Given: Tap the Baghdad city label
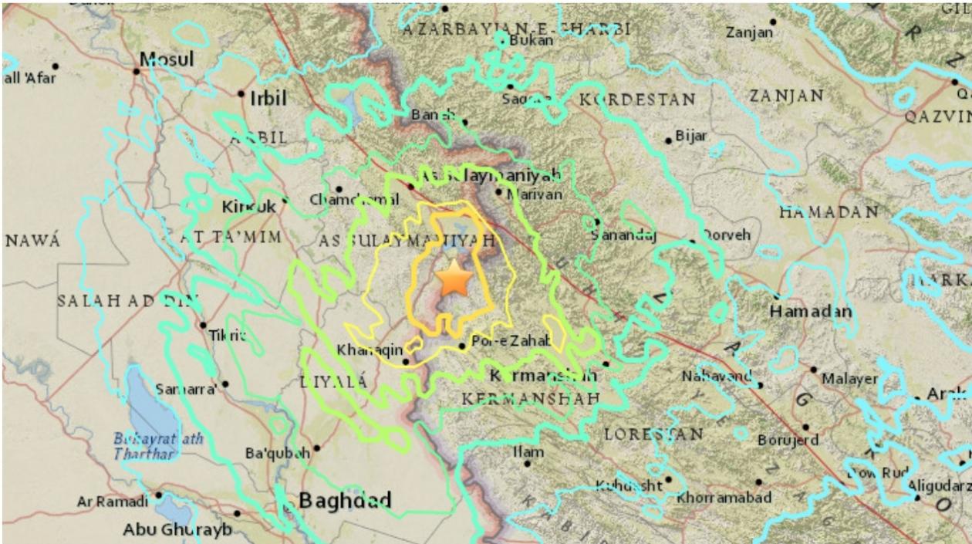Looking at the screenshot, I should pos(345,501).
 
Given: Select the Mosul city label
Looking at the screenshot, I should pos(167,59).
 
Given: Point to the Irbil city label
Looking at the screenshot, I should pos(267,97).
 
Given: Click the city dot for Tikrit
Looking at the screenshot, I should pos(203,325).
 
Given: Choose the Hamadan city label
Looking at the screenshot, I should pos(811,312).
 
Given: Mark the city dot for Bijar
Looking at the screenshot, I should pos(668,140).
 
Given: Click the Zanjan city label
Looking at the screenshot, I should pos(748,32).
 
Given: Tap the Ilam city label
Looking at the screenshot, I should pos(528,451).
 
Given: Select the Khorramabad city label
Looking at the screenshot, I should pos(724,498).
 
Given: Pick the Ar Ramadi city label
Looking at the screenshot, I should pos(112,502).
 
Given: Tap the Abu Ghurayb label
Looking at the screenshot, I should pos(177,529).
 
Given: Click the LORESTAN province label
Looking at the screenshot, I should pos(653,434).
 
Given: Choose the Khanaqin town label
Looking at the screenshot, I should pos(370,350).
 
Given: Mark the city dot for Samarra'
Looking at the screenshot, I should pos(225,384).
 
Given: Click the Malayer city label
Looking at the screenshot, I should pos(849,379).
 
